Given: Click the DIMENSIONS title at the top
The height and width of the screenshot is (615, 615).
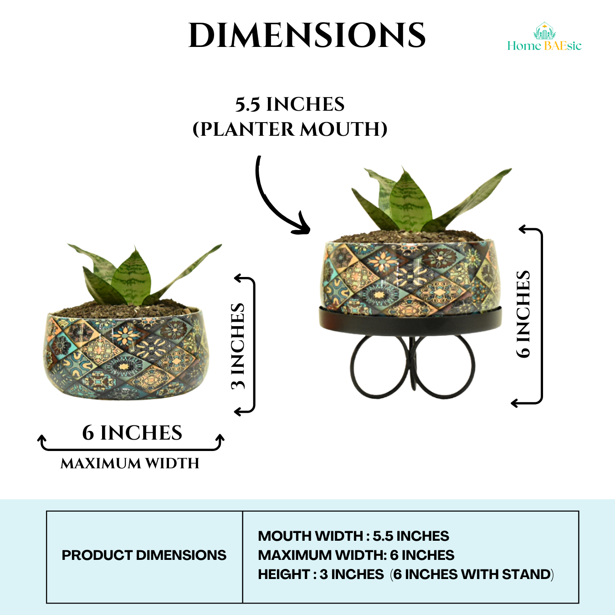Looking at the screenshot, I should [307, 36].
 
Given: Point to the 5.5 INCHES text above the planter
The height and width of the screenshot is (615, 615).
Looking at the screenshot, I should [290, 104].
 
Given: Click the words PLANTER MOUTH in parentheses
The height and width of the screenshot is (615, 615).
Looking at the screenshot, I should [290, 129].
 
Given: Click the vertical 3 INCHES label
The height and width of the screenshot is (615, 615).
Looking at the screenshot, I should [238, 346].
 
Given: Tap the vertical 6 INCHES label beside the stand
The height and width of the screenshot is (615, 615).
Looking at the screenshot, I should [523, 314].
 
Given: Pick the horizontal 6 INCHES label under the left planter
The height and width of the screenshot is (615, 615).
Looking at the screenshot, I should [132, 433].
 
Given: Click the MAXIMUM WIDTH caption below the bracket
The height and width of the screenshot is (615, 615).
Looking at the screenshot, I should [130, 463].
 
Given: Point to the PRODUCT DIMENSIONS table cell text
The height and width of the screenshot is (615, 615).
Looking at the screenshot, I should [144, 555].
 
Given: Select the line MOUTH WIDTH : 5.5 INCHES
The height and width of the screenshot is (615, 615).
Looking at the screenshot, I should [354, 536].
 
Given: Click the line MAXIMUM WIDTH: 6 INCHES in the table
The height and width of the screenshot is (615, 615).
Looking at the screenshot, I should [356, 555].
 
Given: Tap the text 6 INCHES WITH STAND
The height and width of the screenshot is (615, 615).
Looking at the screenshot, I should [472, 574].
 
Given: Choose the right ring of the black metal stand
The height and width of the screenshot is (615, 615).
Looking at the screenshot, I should [446, 367].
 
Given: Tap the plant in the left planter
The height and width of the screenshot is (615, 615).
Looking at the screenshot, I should [132, 278].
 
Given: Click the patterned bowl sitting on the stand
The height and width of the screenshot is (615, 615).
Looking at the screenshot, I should [410, 278].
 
